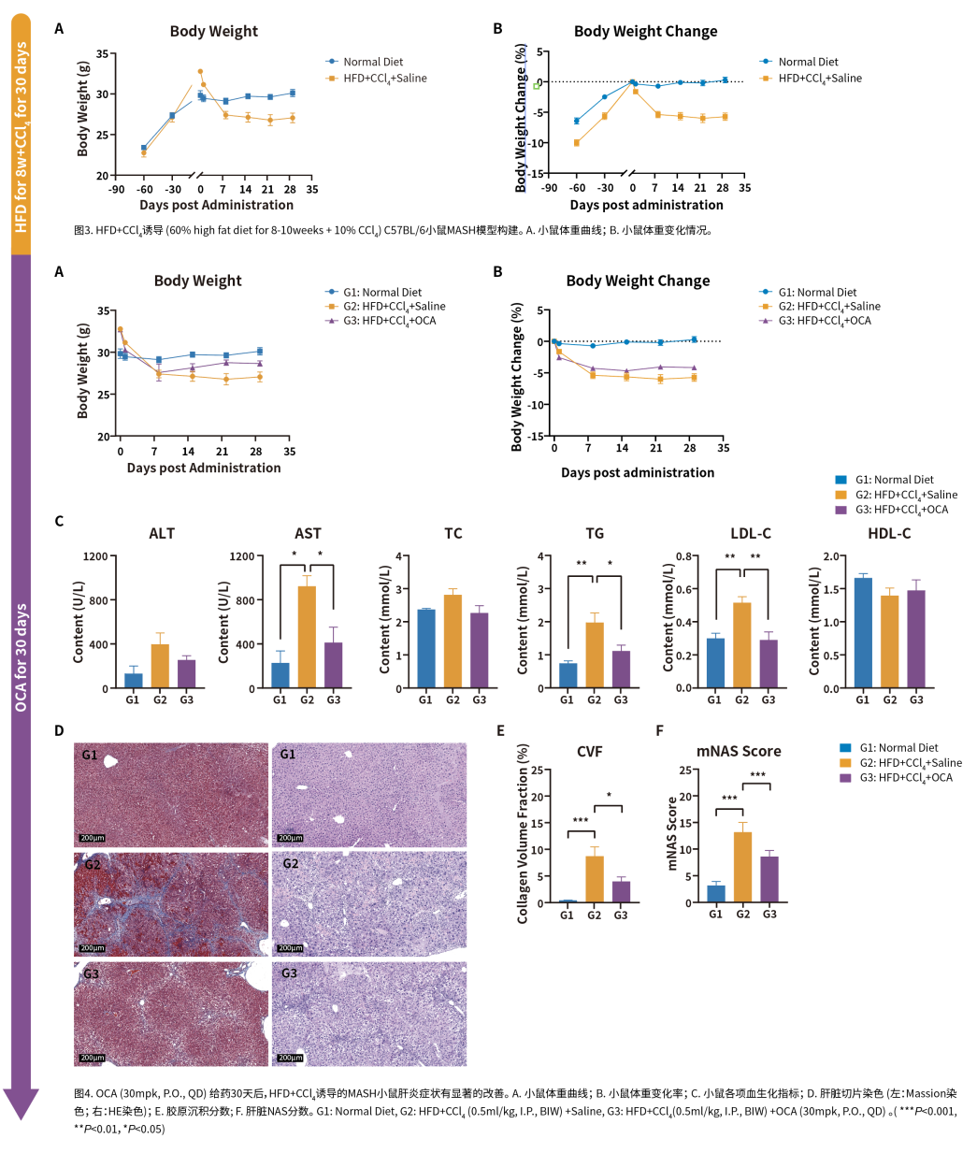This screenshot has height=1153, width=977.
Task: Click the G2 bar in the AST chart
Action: (x=307, y=637)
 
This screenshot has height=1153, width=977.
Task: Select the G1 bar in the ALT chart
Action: (x=134, y=680)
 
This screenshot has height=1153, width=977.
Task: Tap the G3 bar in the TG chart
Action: (x=621, y=669)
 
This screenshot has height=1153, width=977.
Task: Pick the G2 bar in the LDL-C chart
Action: (x=741, y=645)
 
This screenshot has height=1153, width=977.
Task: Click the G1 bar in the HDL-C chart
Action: (x=863, y=633)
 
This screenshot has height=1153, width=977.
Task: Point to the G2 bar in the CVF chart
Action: (x=595, y=879)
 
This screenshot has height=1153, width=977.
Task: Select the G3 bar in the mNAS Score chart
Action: (x=769, y=879)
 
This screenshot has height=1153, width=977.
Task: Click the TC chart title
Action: (x=453, y=533)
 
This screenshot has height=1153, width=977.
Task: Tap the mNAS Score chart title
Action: (x=739, y=751)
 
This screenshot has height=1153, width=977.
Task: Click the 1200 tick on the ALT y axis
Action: (x=95, y=556)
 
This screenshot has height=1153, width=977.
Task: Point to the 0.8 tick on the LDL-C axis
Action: (x=684, y=556)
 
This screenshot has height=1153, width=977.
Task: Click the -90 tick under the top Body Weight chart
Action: (x=116, y=189)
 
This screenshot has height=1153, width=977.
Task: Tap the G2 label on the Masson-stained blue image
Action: (x=93, y=865)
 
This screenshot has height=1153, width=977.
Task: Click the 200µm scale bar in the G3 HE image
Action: (x=290, y=1058)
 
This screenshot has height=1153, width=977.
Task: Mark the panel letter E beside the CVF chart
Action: (x=501, y=730)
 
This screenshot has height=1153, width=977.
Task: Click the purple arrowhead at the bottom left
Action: (x=21, y=1103)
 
